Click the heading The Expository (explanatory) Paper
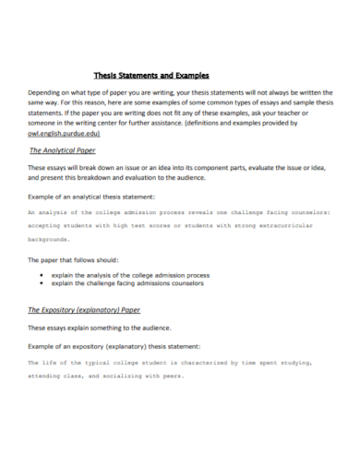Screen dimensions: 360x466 click(x=84, y=311)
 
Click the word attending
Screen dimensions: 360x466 click(x=47, y=376)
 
